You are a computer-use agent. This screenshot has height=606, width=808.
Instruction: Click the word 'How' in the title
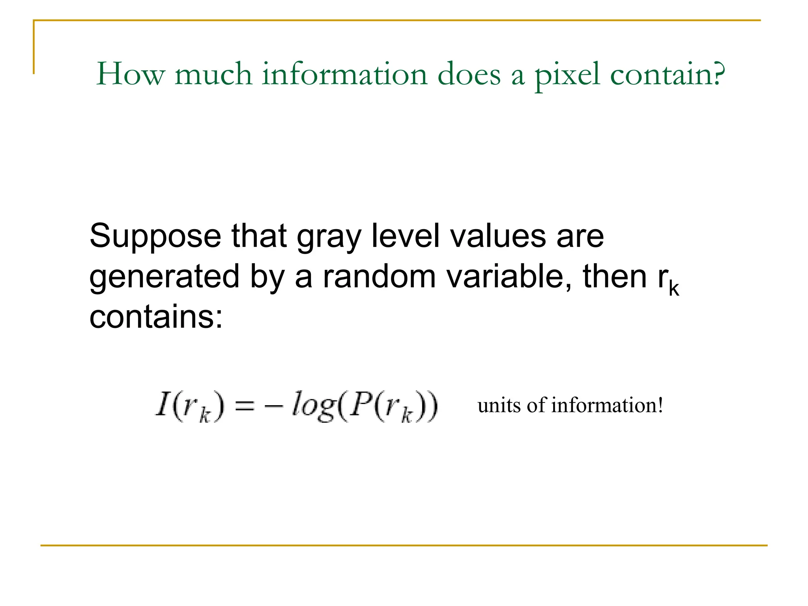coord(131,74)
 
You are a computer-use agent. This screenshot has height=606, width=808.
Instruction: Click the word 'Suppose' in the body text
coord(155,237)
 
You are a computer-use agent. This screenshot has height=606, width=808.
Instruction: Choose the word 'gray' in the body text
coord(329,238)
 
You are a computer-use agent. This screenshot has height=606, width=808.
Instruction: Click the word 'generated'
coord(165,277)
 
